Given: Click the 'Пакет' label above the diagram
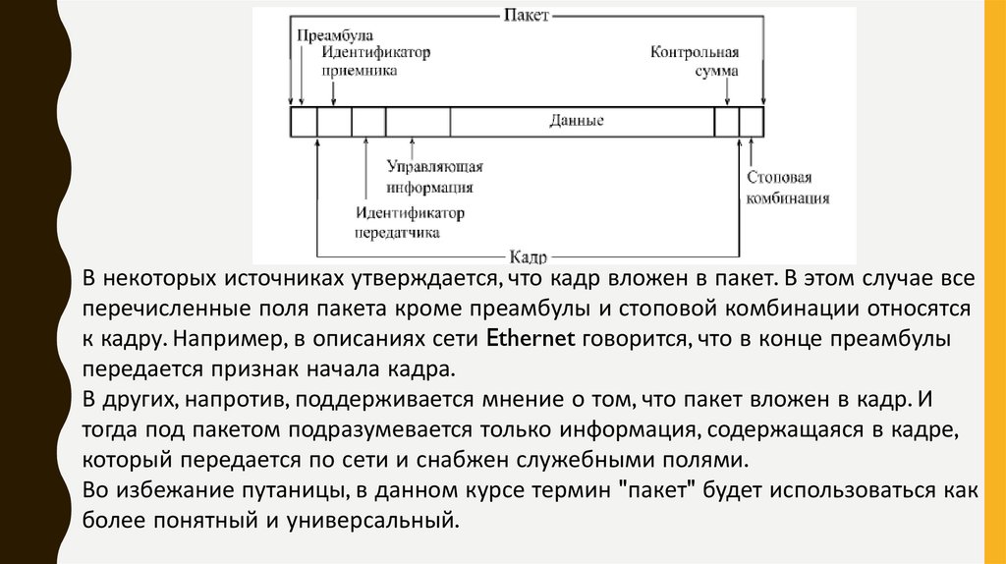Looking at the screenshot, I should coord(526,16).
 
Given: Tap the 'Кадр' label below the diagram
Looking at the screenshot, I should coord(528,254).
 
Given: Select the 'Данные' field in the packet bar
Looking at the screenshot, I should coord(577,121).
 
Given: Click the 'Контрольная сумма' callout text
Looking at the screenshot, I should coord(694,61).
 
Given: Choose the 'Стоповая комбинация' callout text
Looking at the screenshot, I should coord(787,188).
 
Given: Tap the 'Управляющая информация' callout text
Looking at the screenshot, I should coord(433,177).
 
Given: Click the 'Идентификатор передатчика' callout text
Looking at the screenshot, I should coord(410,223).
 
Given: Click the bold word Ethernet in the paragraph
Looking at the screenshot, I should coord(531,340).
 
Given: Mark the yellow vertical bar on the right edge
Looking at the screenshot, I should coord(994,282).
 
